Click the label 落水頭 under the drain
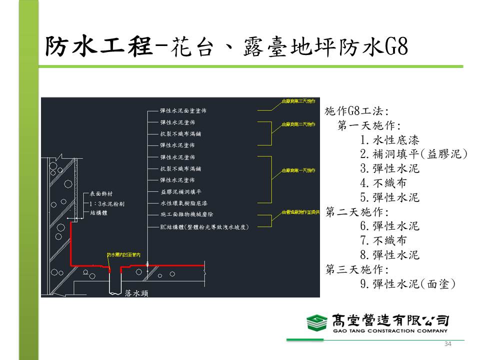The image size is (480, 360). pyautogui.click(x=136, y=293)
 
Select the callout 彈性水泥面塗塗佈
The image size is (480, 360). pyautogui.click(x=180, y=111)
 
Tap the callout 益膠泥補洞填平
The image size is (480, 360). pyautogui.click(x=180, y=191)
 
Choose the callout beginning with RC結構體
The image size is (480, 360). pyautogui.click(x=204, y=226)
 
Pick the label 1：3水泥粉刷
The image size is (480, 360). pyautogui.click(x=106, y=203)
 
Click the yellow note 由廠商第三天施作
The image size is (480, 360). pyautogui.click(x=299, y=100)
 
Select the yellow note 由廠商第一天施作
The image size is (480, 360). pyautogui.click(x=299, y=171)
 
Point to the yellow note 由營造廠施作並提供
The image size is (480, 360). pyautogui.click(x=300, y=212)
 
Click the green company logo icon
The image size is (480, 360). pyautogui.click(x=317, y=322)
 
